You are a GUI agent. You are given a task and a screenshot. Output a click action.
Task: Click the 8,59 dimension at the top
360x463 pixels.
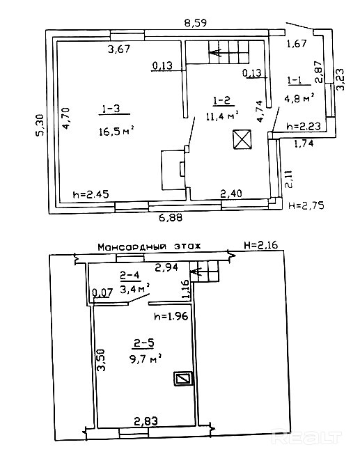(x=195, y=23)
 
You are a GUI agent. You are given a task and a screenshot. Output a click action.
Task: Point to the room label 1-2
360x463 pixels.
(x=221, y=101)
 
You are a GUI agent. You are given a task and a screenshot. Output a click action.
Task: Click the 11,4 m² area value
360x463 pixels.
(x=222, y=116)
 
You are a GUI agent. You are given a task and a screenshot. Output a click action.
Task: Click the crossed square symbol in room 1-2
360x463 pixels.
(x=242, y=139)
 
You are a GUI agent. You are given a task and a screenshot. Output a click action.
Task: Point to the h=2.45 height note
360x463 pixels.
(x=91, y=194)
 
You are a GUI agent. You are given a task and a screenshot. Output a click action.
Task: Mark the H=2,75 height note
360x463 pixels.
(x=306, y=205)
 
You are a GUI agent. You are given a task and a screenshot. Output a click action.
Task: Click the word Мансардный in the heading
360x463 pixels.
(x=132, y=246)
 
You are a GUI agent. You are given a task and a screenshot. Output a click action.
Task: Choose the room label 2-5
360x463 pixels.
(x=143, y=343)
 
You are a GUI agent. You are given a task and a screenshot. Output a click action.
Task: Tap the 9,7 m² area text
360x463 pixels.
(x=146, y=359)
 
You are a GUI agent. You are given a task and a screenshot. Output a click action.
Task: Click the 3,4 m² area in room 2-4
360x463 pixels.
(x=134, y=288)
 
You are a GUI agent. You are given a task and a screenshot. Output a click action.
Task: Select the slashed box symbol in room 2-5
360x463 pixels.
(x=183, y=378)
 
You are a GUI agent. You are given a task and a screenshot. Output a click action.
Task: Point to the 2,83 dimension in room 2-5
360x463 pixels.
(x=146, y=421)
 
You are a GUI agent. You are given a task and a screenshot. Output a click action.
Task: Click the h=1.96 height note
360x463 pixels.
(x=171, y=316)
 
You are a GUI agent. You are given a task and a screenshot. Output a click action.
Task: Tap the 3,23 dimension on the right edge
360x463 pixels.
(x=341, y=79)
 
